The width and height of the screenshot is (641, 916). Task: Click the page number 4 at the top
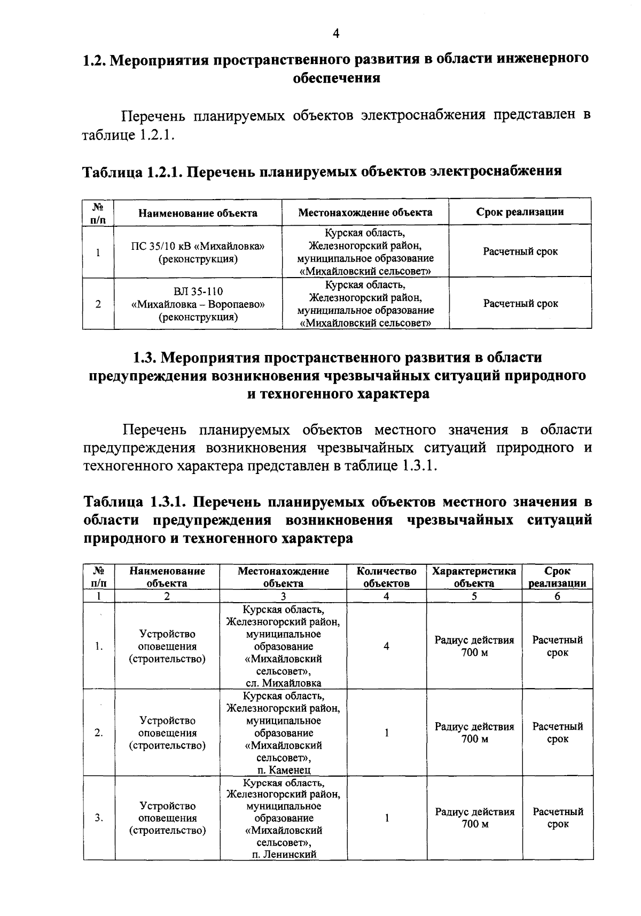tap(336, 34)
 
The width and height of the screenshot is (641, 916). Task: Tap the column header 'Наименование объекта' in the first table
tap(198, 213)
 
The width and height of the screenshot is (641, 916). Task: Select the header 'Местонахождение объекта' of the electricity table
tap(365, 212)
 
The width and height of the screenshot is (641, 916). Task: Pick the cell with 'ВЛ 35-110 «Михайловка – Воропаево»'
tap(198, 304)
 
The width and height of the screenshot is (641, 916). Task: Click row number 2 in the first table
tap(98, 304)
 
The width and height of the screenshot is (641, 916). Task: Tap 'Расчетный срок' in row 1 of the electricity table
tap(520, 251)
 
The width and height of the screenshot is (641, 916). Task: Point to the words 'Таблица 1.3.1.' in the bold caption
tap(135, 502)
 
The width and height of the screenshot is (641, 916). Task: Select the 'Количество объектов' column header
tap(386, 577)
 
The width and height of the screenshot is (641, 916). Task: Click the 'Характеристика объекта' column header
tap(474, 577)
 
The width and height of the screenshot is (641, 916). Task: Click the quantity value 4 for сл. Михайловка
tap(386, 646)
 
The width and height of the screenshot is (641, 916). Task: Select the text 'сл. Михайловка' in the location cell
tap(283, 683)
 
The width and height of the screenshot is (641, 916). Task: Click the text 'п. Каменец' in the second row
tap(283, 770)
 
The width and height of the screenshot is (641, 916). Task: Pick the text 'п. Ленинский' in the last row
tap(283, 854)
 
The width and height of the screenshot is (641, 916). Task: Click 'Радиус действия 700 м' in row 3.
tap(474, 818)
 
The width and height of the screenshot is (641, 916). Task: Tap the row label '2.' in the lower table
tap(99, 733)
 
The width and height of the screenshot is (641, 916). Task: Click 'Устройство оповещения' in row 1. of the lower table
tap(167, 640)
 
